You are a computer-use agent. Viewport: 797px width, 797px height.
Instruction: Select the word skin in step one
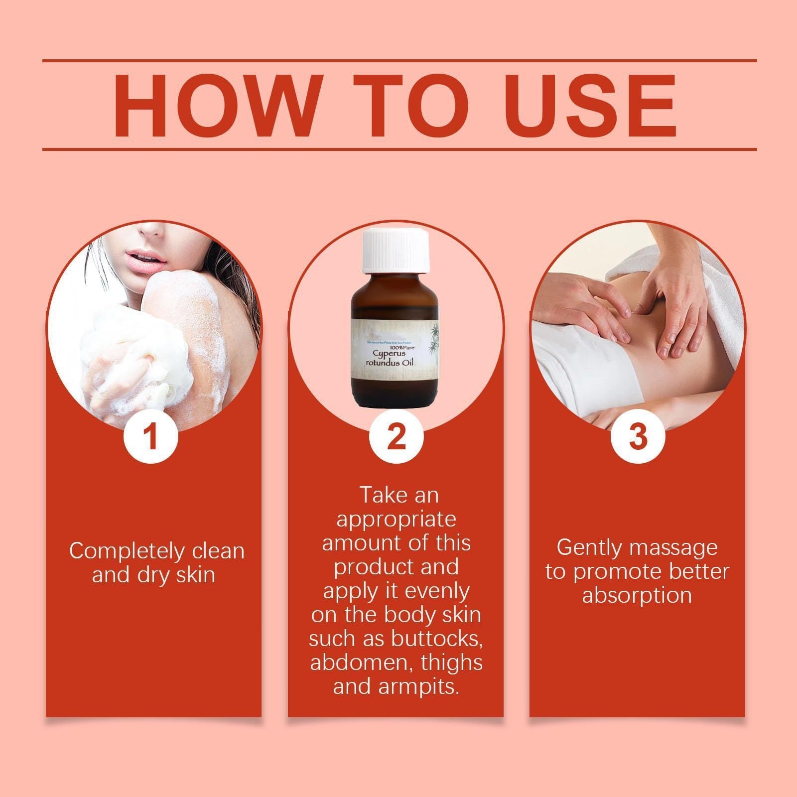pyautogui.click(x=196, y=575)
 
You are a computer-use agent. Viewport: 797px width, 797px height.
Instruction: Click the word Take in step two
pyautogui.click(x=379, y=496)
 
